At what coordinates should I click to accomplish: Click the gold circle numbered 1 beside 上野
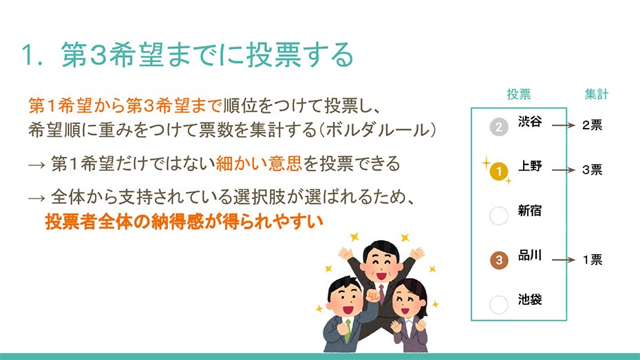pyautogui.click(x=498, y=171)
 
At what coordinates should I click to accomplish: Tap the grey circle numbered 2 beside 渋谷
pyautogui.click(x=498, y=127)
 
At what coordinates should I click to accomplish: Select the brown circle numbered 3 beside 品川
pyautogui.click(x=499, y=260)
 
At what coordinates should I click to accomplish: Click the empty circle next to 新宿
pyautogui.click(x=498, y=215)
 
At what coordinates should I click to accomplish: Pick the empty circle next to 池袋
pyautogui.click(x=498, y=304)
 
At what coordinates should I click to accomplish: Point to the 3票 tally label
pyautogui.click(x=593, y=170)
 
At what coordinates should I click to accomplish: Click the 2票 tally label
pyautogui.click(x=593, y=125)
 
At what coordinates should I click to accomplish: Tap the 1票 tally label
pyautogui.click(x=593, y=260)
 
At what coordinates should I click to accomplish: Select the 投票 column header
pyautogui.click(x=519, y=94)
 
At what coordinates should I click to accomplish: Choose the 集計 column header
pyautogui.click(x=597, y=94)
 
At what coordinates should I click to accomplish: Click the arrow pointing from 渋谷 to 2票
pyautogui.click(x=563, y=125)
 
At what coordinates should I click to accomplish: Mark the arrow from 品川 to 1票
pyautogui.click(x=563, y=260)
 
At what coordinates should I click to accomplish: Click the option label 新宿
pyautogui.click(x=530, y=211)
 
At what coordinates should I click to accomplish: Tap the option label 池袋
pyautogui.click(x=530, y=299)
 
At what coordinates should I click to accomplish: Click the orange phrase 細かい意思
pyautogui.click(x=259, y=164)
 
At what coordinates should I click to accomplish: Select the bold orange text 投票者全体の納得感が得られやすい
pyautogui.click(x=184, y=222)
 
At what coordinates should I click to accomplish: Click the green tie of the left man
pyautogui.click(x=348, y=330)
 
